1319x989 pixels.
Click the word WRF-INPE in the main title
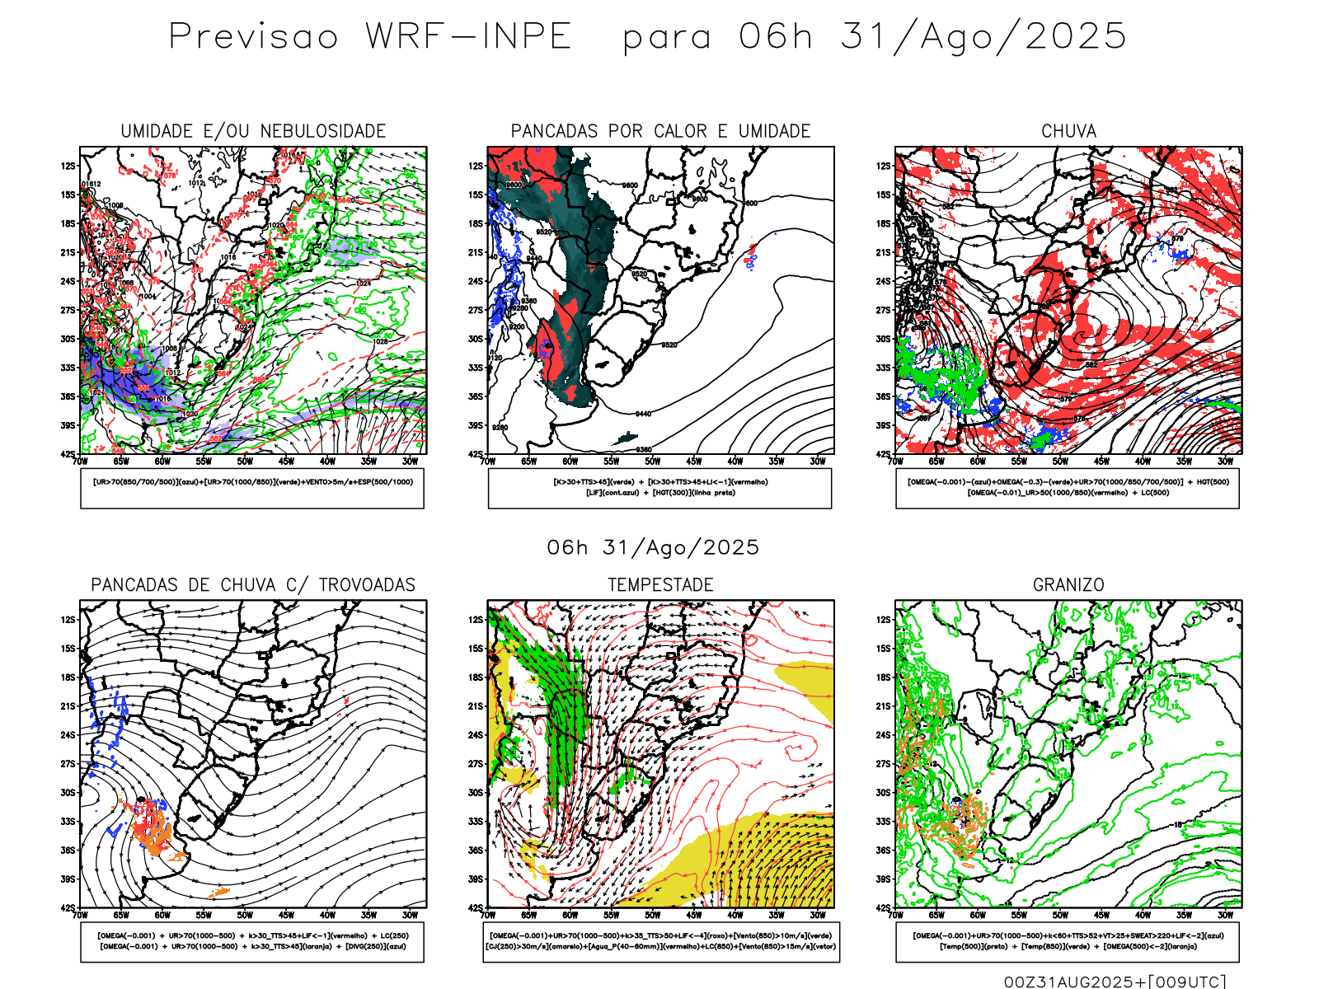coord(468,37)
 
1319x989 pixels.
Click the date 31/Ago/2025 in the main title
coord(983,37)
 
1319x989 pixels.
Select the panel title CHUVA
coord(1068,131)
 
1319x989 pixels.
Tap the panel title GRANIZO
coord(1068,585)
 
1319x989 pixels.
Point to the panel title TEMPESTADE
coord(660,585)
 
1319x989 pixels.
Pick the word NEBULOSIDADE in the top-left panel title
coord(323,131)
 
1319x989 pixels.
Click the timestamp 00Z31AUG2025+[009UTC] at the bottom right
coord(1115,981)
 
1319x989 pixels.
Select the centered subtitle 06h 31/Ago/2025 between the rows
coord(653,547)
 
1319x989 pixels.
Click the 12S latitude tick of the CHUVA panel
coord(884,166)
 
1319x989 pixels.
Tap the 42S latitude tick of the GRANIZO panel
coord(884,907)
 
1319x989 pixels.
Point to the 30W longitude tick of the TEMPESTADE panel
coord(818,915)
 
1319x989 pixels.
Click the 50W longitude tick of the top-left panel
coord(245,462)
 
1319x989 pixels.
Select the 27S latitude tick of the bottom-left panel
coord(68,763)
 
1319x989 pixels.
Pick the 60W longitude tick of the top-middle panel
coord(570,462)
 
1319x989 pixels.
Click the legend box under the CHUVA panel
coord(1068,488)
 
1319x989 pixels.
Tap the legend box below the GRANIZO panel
coord(1068,941)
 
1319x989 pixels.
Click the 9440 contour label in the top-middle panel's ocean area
coord(643,414)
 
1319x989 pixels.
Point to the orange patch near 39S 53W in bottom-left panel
coord(218,891)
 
